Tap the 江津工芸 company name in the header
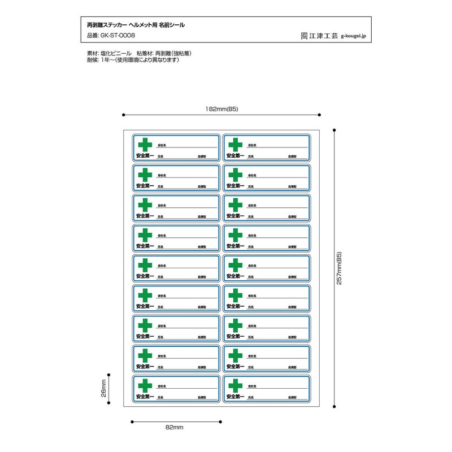(324, 35)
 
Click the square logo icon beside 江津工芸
(304, 35)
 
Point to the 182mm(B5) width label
(222, 108)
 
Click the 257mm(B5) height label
(340, 268)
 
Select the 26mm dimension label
(103, 389)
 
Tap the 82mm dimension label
(175, 428)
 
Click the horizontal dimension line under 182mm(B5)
(222, 115)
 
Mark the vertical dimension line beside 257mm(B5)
(335, 268)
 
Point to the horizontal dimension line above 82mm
(176, 421)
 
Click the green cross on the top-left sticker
(145, 145)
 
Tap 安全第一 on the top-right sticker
(235, 156)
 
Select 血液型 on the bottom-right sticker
(292, 397)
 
